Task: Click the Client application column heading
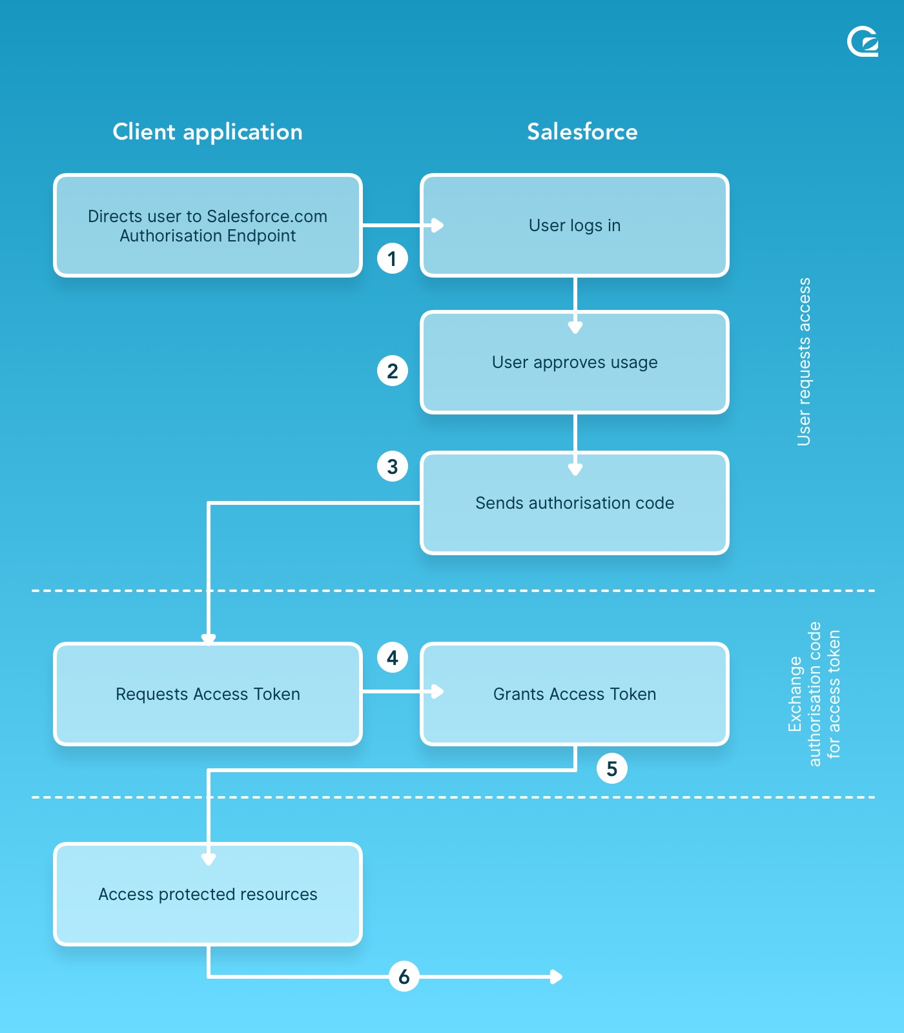pyautogui.click(x=207, y=132)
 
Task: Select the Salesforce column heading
pyautogui.click(x=582, y=132)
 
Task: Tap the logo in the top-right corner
pyautogui.click(x=863, y=42)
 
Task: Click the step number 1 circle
pyautogui.click(x=392, y=259)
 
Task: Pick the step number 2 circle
pyautogui.click(x=392, y=371)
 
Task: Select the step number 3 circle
pyautogui.click(x=392, y=466)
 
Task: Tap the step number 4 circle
pyautogui.click(x=392, y=658)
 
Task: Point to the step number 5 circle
pyautogui.click(x=611, y=768)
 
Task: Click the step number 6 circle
pyautogui.click(x=404, y=976)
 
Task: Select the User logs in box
pyautogui.click(x=575, y=225)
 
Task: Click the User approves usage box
pyautogui.click(x=575, y=362)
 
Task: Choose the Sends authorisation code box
pyautogui.click(x=575, y=503)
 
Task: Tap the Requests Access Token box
pyautogui.click(x=207, y=694)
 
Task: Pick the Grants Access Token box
pyautogui.click(x=575, y=694)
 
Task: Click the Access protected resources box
pyautogui.click(x=207, y=894)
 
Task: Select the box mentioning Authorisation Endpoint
pyautogui.click(x=207, y=225)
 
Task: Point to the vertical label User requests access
pyautogui.click(x=804, y=362)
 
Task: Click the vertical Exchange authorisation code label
pyautogui.click(x=814, y=694)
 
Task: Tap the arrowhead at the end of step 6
pyautogui.click(x=557, y=977)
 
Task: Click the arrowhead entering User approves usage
pyautogui.click(x=575, y=328)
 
